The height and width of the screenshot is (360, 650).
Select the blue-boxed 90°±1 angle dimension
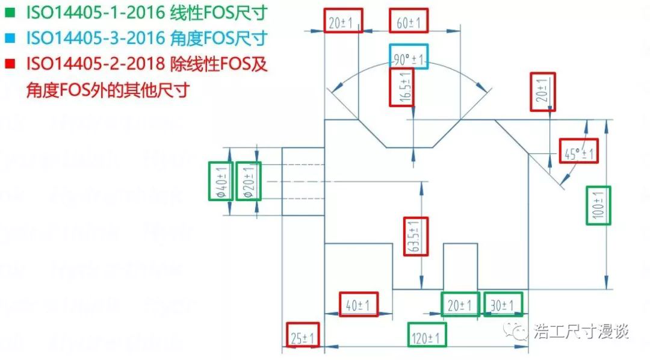[x=409, y=59]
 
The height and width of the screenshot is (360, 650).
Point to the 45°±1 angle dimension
[x=578, y=152]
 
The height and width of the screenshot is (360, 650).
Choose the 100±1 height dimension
[x=598, y=206]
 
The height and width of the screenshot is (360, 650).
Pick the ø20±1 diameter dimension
[x=248, y=181]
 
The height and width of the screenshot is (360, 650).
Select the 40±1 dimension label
[x=359, y=305]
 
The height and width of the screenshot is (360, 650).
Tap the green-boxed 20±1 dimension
[x=460, y=304]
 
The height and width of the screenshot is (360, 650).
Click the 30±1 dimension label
[x=503, y=304]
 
